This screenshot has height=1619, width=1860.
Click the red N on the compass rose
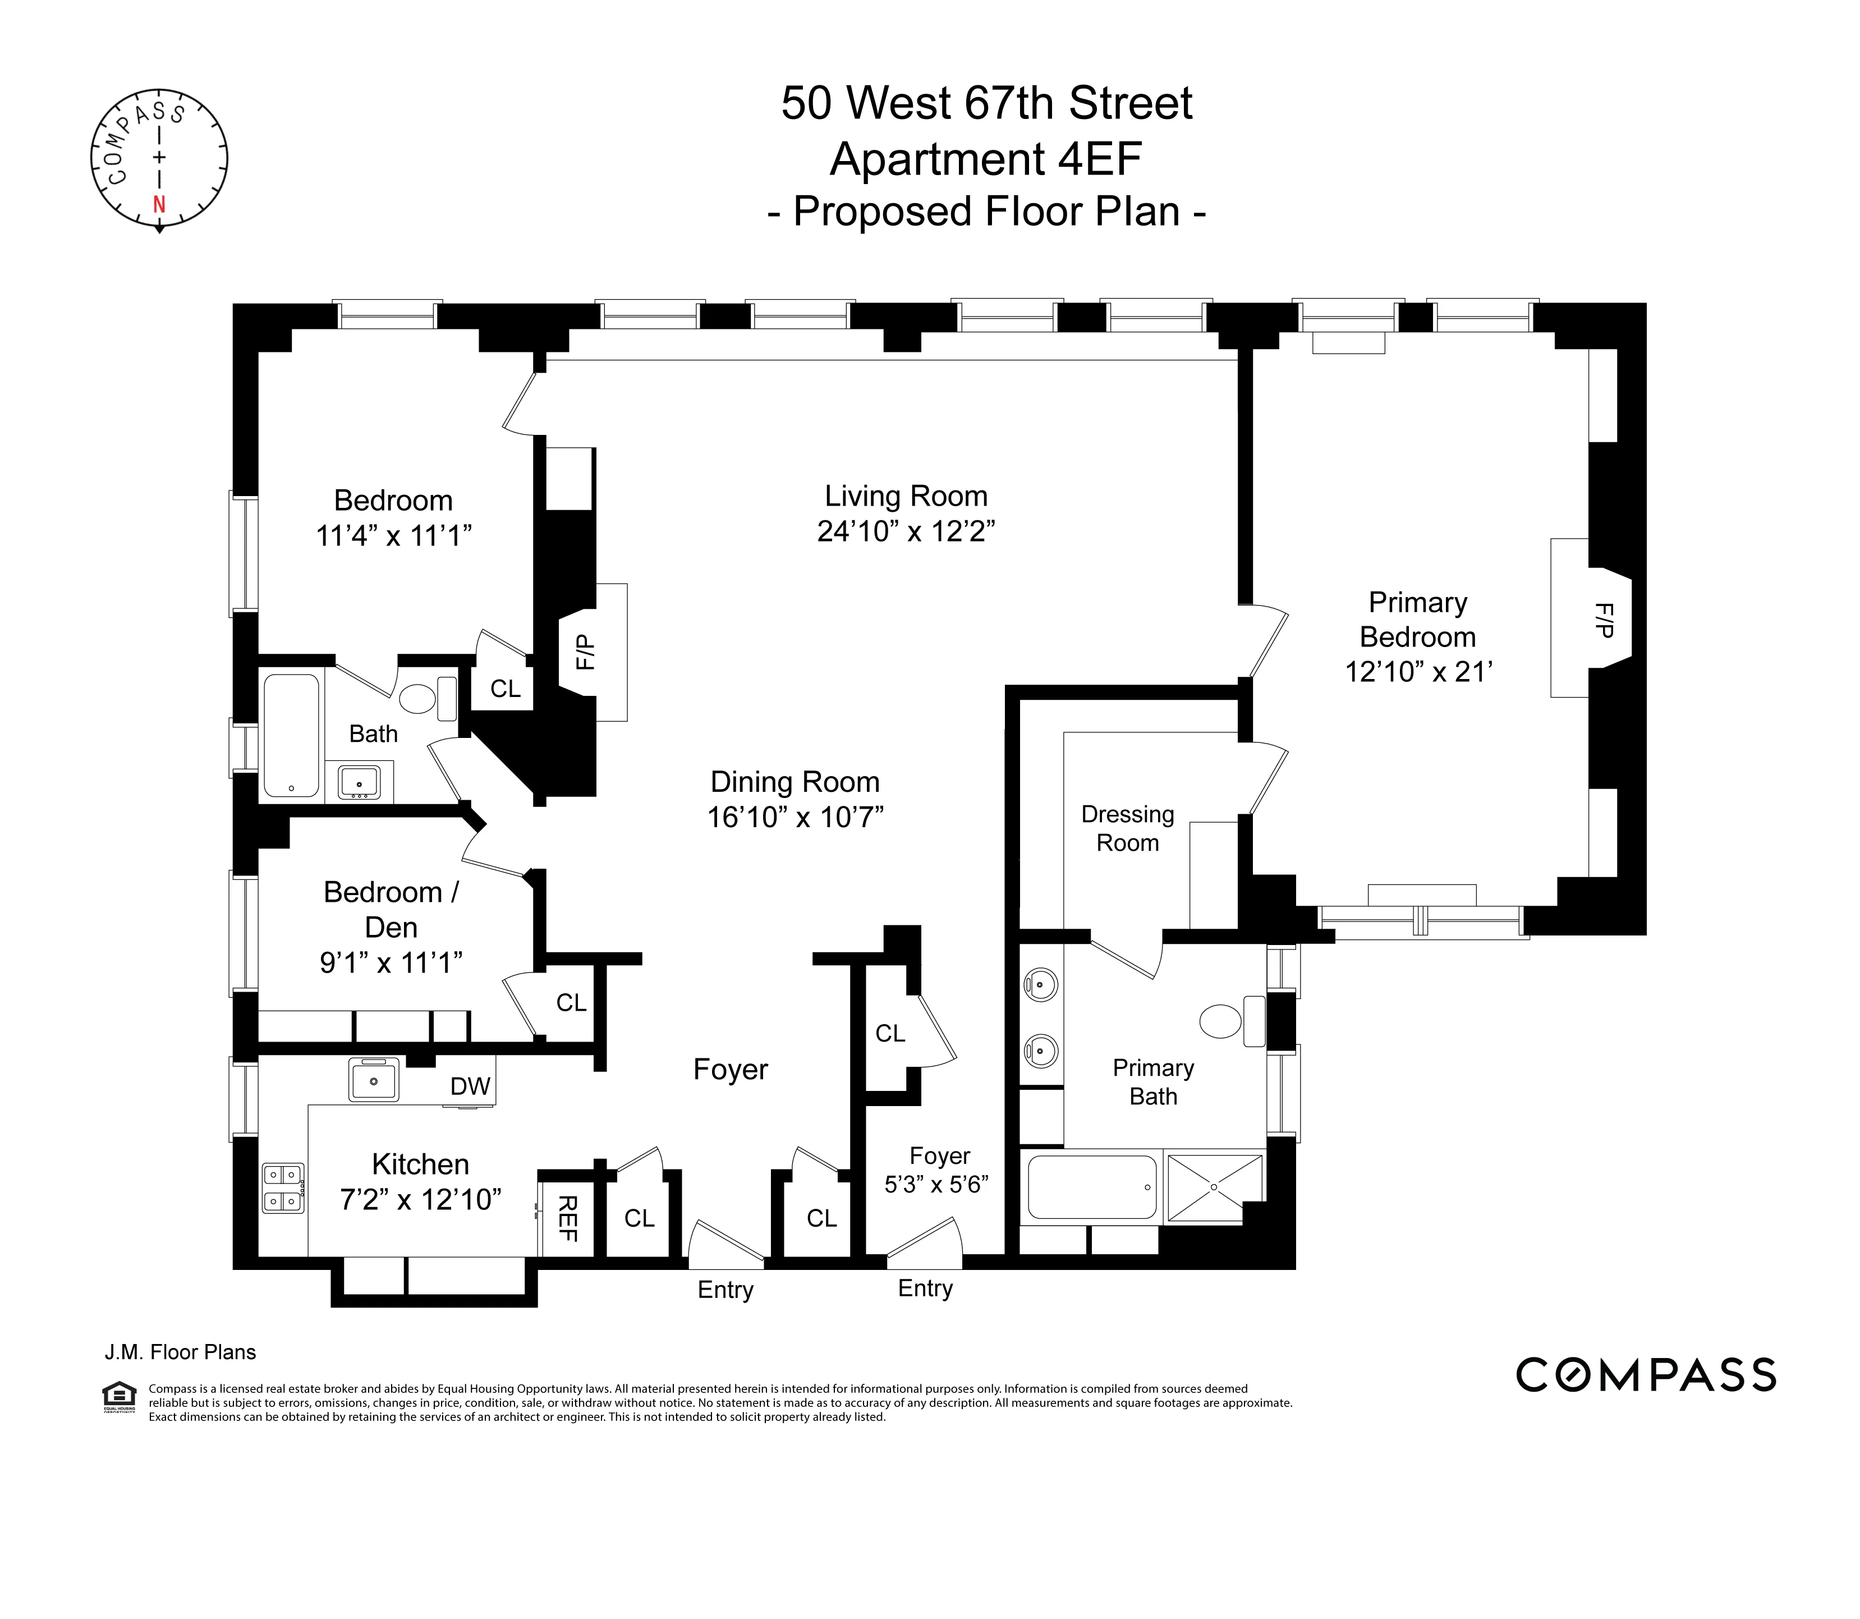tap(159, 204)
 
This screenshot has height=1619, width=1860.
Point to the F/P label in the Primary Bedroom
tap(1604, 620)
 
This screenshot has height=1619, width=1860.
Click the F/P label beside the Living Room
tap(585, 652)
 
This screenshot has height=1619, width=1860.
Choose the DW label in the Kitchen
tap(470, 1086)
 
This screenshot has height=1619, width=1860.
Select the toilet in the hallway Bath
tap(417, 698)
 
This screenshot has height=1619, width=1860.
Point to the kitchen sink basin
tap(373, 1080)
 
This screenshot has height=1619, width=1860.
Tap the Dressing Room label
tap(1127, 828)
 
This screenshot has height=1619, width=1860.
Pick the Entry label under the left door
tap(725, 1289)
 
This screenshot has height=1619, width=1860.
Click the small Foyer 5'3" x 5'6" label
tap(938, 1170)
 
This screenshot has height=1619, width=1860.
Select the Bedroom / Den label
tap(391, 909)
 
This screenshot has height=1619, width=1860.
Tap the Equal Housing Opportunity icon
tap(120, 1397)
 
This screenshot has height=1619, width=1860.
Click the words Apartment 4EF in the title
tap(986, 160)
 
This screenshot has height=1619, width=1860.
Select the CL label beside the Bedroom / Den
tap(571, 1002)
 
